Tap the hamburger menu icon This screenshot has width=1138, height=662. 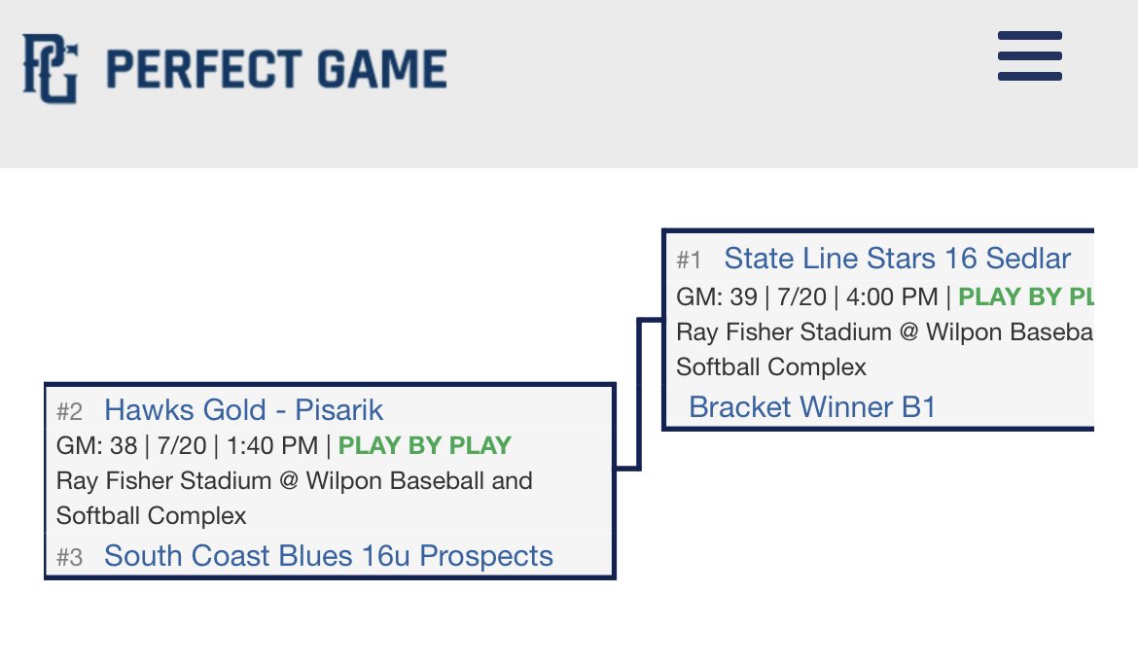1029,55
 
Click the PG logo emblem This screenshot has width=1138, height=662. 50,68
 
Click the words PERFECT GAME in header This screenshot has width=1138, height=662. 275,69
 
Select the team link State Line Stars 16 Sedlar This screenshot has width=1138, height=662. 897,259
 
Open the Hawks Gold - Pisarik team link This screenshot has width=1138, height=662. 243,410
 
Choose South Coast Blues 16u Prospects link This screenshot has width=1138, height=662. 328,556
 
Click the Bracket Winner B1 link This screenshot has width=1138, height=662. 811,406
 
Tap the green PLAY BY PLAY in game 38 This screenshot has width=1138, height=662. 424,446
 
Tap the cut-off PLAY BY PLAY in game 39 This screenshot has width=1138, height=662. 1025,296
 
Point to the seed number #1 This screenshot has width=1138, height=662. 689,260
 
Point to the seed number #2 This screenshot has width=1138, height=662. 69,411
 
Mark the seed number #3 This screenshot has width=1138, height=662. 69,557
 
